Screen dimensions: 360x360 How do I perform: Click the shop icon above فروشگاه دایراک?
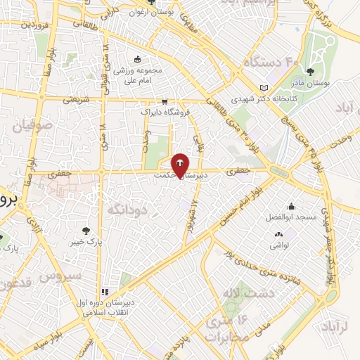pyautogui.click(x=163, y=101)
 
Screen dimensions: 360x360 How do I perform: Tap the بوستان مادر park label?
pyautogui.click(x=328, y=84)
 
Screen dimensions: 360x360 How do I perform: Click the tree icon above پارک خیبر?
pyautogui.click(x=86, y=230)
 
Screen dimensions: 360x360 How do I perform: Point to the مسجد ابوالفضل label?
pyautogui.click(x=290, y=217)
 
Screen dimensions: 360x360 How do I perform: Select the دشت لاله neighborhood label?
pyautogui.click(x=242, y=290)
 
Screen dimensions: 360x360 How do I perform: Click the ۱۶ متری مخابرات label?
pyautogui.click(x=228, y=327)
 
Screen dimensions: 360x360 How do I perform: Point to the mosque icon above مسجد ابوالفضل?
pyautogui.click(x=290, y=207)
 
